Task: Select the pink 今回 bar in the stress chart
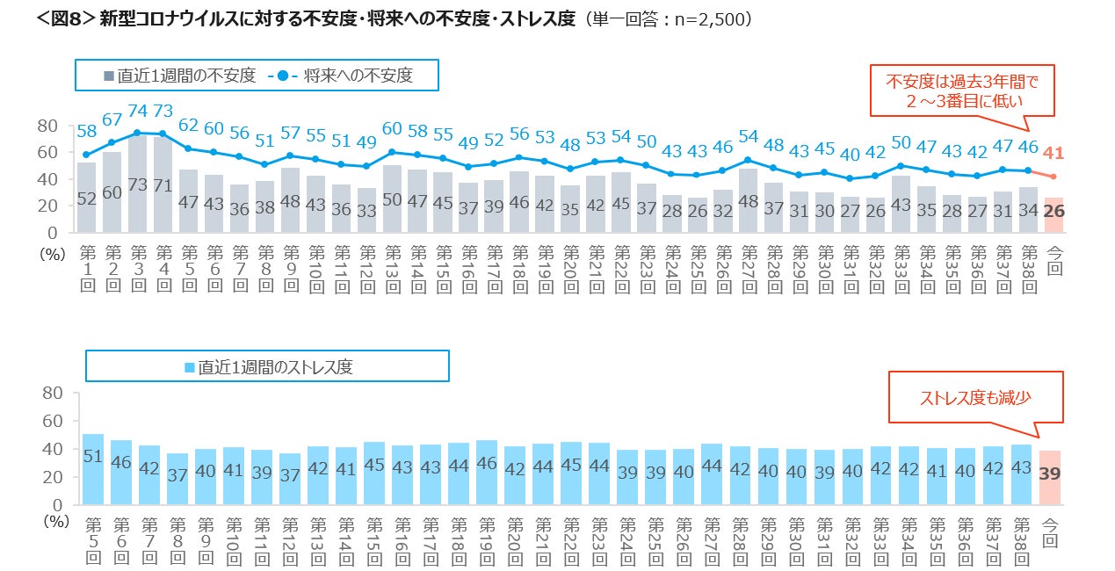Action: (1049, 478)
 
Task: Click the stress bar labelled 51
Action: (93, 470)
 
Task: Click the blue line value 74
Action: (137, 112)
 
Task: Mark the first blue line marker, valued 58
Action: (86, 155)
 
